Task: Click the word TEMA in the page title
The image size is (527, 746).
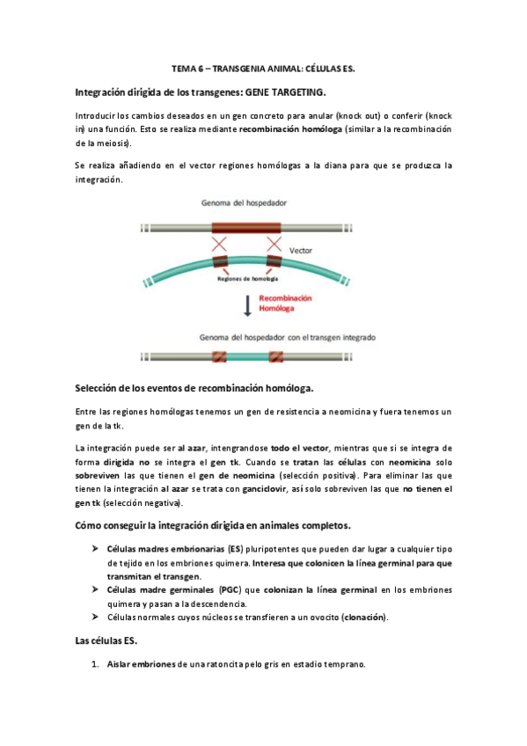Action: pos(182,68)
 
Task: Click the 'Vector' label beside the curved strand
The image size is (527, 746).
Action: pos(301,250)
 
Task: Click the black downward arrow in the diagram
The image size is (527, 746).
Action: pos(248,304)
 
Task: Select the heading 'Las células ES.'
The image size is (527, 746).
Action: pos(108,641)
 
